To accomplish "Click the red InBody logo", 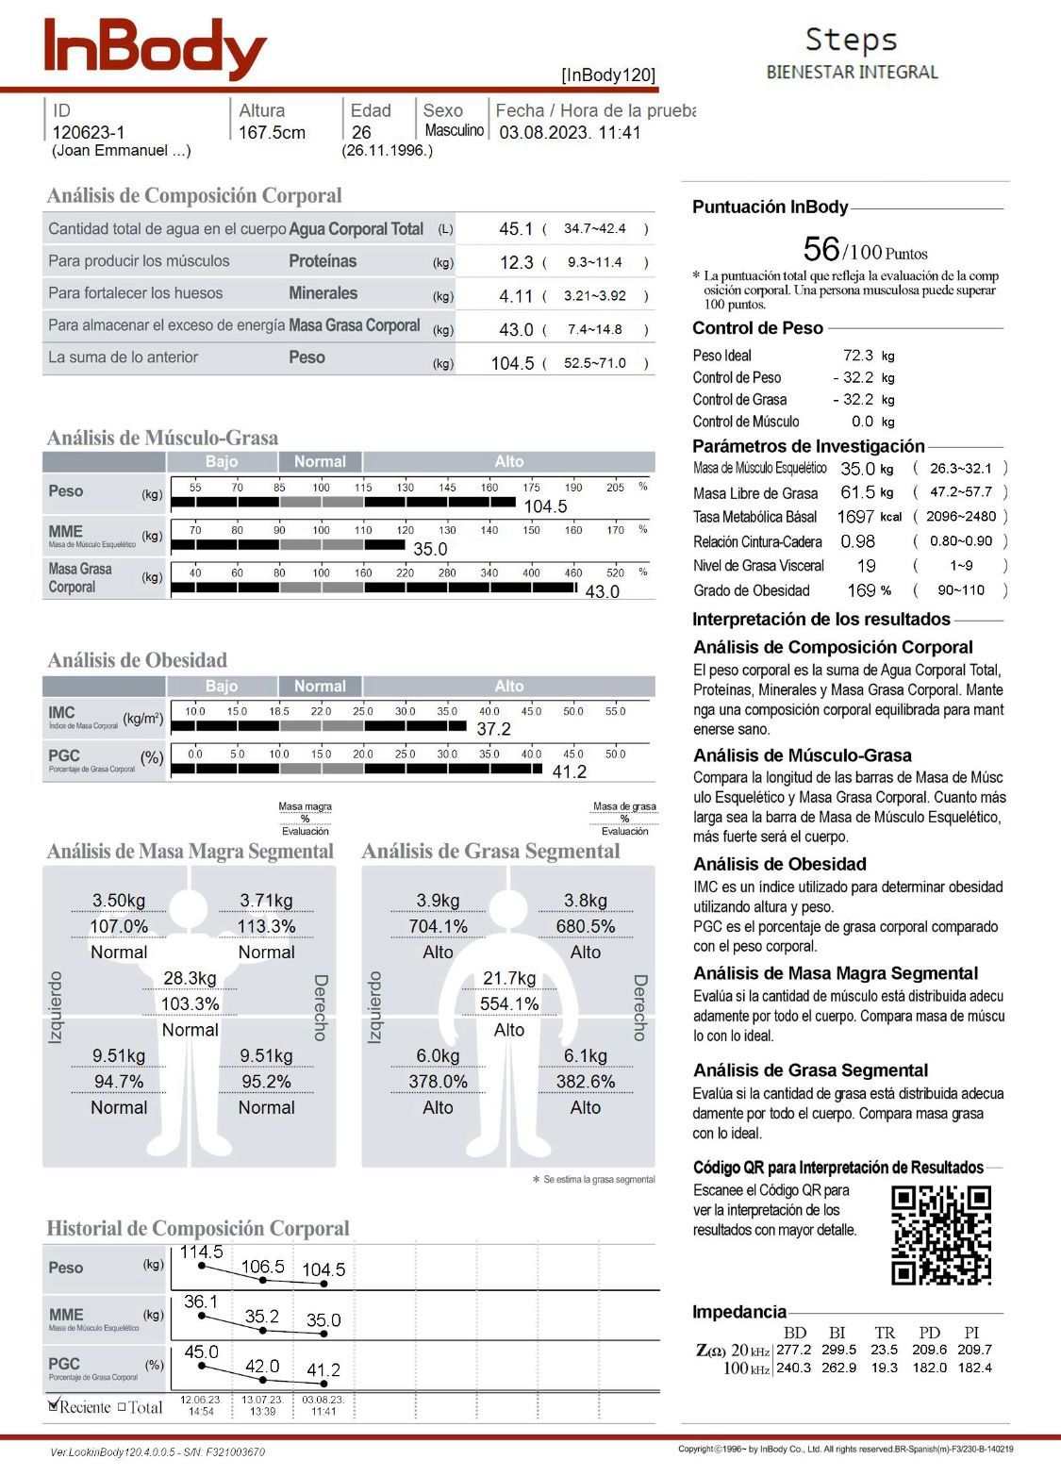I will [156, 48].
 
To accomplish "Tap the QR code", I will [940, 1235].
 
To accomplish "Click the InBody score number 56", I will [821, 249].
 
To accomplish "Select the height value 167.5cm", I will [272, 133].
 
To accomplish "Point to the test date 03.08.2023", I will [544, 133].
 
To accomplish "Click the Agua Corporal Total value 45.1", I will [516, 229].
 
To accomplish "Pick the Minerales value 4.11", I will [516, 296].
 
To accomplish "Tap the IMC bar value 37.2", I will [493, 729].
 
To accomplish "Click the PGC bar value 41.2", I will [569, 772].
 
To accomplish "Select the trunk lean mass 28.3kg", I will [190, 978].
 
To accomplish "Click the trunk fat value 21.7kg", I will [509, 978].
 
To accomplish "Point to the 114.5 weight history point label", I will [201, 1252].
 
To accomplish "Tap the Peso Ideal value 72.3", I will [858, 356].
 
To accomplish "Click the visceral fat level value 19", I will [866, 566].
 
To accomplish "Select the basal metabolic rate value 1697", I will [855, 517].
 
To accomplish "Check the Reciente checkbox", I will [54, 1405].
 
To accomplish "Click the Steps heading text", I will [851, 40].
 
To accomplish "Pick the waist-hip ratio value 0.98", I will [857, 541].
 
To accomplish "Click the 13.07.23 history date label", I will [262, 1401].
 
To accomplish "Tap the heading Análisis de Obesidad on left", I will [138, 660].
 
